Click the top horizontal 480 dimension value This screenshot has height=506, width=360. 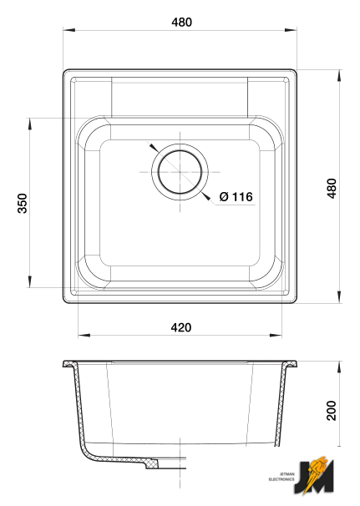point(182,23)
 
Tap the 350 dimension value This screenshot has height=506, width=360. point(23,203)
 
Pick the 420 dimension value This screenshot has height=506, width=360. point(181,327)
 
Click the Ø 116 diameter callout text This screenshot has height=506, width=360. point(236,196)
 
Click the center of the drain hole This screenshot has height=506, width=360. point(180,172)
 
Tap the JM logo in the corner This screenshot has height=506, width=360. point(314,475)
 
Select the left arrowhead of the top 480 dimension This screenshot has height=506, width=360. point(68,30)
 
